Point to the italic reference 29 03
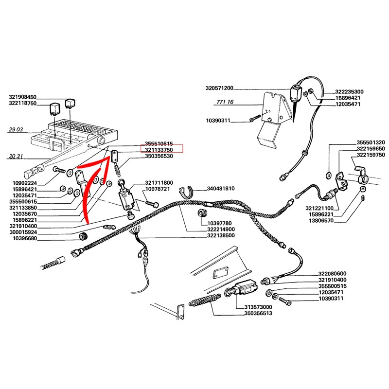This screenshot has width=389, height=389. coord(16,130)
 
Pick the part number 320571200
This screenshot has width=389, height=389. coord(219,88)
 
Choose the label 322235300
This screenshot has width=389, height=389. coord(353,91)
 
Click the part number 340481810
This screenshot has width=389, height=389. coord(221,188)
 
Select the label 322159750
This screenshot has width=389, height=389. coord(371,155)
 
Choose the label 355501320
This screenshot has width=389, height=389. coord(371,142)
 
